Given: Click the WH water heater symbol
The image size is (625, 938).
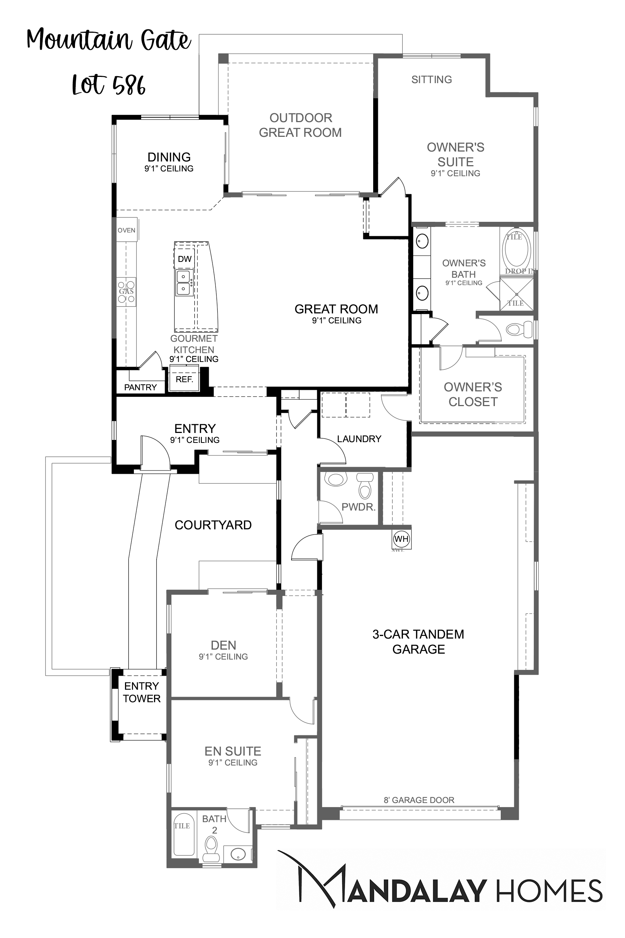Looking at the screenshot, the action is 401,539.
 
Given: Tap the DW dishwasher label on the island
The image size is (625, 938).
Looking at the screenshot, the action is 185,259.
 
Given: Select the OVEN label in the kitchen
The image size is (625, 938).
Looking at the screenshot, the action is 126,230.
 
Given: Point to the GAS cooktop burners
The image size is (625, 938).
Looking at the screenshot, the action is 126,292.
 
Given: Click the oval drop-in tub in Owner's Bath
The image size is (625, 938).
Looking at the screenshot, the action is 517,249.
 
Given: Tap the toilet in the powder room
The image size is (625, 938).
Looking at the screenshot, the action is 365,485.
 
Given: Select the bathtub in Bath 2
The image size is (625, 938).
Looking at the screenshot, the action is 184,834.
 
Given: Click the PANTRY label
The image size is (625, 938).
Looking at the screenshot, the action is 140,387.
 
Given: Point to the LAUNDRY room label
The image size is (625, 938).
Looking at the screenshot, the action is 359,439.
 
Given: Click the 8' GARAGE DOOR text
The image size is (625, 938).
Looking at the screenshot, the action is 419,800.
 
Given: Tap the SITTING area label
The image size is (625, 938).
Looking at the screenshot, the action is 432,79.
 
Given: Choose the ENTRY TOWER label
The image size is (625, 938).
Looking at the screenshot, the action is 142,692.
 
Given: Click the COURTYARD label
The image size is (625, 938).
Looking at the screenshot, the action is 213,525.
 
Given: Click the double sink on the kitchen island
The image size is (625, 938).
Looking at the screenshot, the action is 184,283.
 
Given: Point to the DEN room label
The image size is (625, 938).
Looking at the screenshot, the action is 224,645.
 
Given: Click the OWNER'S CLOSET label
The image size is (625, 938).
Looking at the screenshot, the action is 473,394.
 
